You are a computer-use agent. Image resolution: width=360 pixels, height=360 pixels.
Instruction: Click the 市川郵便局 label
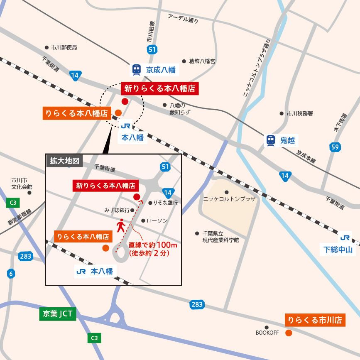64,48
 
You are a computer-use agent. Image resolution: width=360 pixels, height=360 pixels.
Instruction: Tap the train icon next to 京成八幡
137,70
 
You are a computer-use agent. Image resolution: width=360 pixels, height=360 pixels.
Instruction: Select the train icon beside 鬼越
271,141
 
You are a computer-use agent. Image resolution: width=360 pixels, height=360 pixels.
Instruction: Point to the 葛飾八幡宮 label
202,61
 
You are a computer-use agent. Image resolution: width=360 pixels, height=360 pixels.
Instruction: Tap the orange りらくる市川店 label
315,320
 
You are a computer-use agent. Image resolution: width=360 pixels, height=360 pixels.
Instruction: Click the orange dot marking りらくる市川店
289,333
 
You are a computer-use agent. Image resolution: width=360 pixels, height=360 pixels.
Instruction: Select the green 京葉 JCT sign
58,314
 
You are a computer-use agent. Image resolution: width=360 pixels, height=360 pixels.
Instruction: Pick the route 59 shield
335,147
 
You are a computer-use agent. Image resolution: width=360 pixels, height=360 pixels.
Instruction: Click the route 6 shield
11,274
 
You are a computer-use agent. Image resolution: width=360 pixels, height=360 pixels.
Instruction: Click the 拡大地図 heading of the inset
64,161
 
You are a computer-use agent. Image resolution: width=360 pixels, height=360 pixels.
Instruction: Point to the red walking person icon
121,226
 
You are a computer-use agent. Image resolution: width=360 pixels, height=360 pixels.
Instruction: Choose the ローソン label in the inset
157,220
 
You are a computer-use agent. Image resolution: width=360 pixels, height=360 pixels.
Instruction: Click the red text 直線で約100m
153,245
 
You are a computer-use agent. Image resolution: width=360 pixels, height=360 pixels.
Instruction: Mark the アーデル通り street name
183,18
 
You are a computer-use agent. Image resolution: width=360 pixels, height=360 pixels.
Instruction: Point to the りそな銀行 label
165,203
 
